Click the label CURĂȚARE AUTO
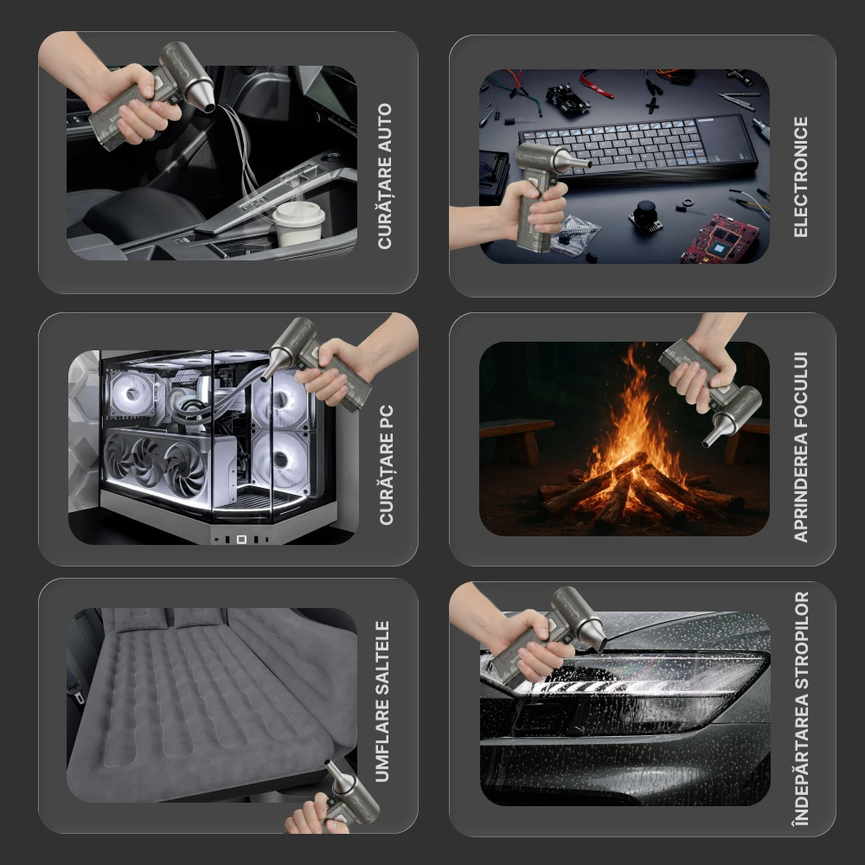coord(385,176)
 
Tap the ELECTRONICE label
coord(800,177)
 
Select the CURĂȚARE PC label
coord(386,465)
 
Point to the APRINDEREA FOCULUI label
coord(800,447)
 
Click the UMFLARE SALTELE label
coord(382,702)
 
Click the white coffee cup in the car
coord(298,223)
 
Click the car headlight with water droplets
coord(629,689)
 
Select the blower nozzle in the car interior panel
coord(201,95)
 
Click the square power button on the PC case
coord(241,539)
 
